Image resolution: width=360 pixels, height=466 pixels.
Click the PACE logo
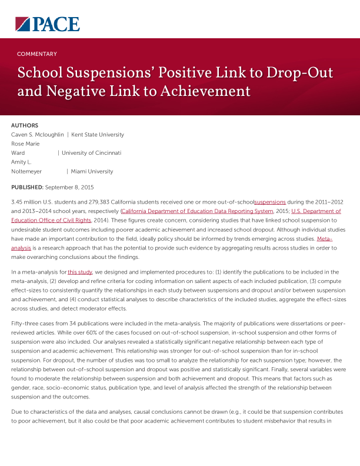(47, 24)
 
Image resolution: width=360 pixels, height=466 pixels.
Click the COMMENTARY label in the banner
(37, 54)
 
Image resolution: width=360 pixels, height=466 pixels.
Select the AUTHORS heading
(25, 125)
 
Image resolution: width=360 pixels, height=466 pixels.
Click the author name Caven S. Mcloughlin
(38, 135)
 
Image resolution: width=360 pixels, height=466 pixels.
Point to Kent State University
(98, 135)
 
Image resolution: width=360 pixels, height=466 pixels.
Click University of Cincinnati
(91, 153)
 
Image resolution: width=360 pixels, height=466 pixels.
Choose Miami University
(92, 172)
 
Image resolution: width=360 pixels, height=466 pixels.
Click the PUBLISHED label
(27, 187)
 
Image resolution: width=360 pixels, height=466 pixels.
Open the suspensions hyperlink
(270, 202)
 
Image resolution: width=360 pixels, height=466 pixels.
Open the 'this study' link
(80, 272)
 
